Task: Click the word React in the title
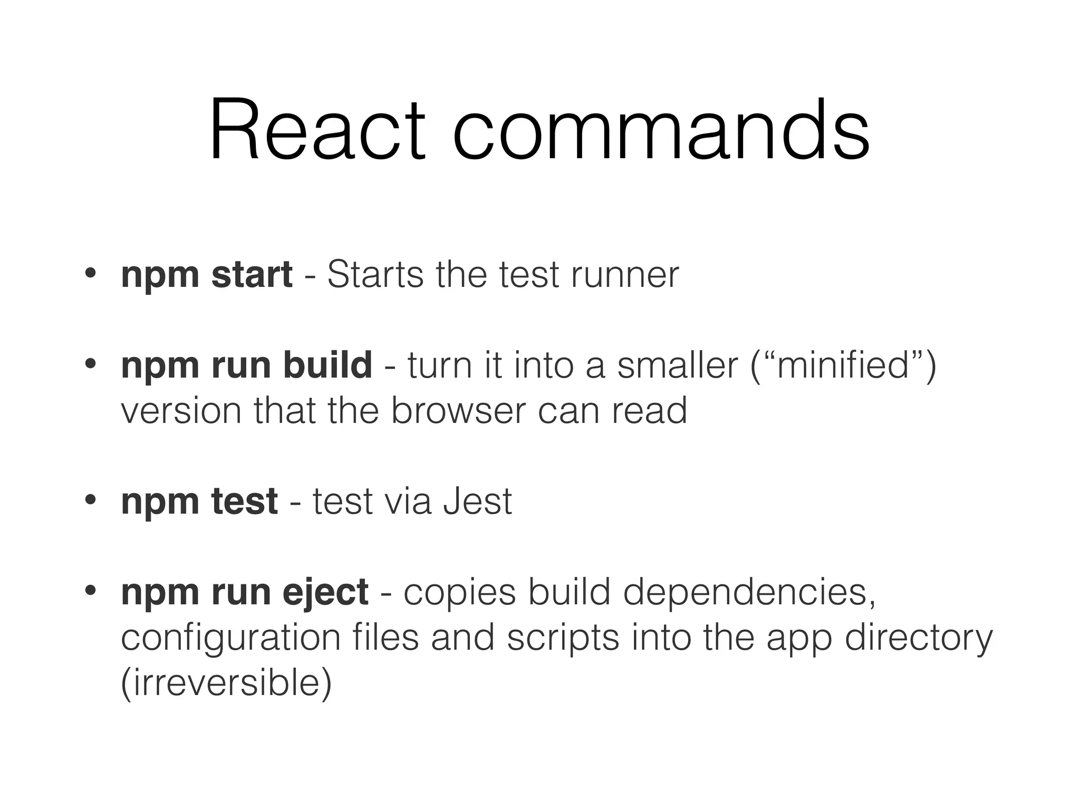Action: point(316,130)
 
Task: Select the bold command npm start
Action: point(206,275)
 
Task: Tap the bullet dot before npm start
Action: point(90,273)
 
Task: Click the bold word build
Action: point(327,365)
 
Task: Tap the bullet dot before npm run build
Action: point(90,363)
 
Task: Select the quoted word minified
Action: point(843,365)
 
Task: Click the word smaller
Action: point(678,365)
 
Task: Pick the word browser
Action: point(458,411)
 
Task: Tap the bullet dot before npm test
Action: point(90,499)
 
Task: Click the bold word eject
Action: point(325,593)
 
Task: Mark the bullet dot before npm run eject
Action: point(90,590)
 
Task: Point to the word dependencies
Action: point(749,593)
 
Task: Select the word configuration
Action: point(231,638)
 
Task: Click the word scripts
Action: point(563,638)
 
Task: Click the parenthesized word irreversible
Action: point(226,683)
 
